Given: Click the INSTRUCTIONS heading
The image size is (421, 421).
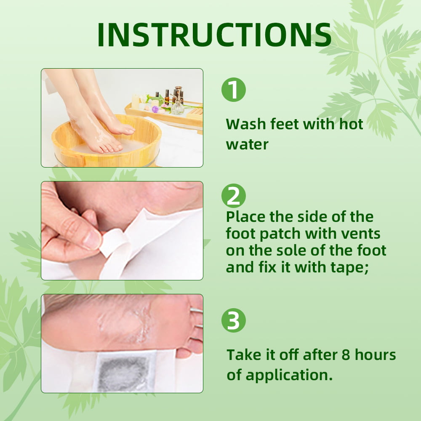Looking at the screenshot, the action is click(214, 35).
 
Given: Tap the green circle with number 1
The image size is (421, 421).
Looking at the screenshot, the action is click(233, 90).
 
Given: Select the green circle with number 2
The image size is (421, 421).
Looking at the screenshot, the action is click(233, 196).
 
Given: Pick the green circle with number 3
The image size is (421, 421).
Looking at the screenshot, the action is click(233, 320).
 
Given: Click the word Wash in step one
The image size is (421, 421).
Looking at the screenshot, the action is click(246, 124).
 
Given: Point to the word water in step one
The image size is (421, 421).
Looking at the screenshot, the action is click(247, 145).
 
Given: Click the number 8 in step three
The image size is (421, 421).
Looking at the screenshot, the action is click(346, 355).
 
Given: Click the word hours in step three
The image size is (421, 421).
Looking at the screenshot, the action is click(376, 354).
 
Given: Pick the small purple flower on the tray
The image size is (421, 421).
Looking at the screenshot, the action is click(155, 109).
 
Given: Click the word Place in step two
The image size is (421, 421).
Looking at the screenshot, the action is click(246, 217).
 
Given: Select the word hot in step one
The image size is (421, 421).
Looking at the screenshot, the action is click(351, 124).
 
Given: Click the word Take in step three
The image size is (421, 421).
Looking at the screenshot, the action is click(244, 354).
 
